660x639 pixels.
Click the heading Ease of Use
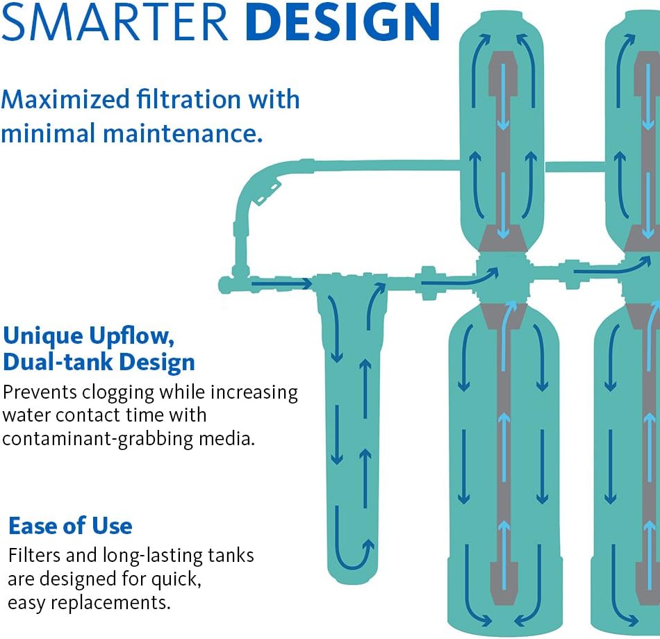click(70, 526)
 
